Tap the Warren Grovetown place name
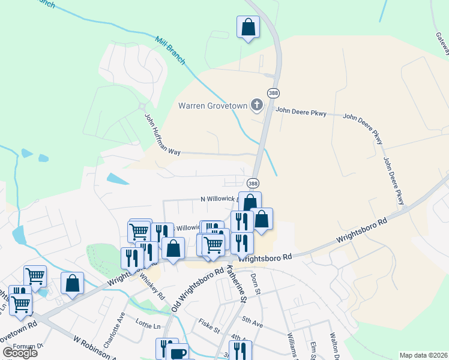click(x=213, y=106)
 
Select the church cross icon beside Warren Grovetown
click(x=257, y=106)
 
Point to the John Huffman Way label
click(x=162, y=134)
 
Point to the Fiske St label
click(x=209, y=329)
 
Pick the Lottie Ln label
click(x=148, y=326)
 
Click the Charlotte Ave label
click(x=113, y=330)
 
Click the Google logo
click(x=20, y=353)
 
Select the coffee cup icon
click(x=179, y=353)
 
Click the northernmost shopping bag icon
click(x=247, y=27)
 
